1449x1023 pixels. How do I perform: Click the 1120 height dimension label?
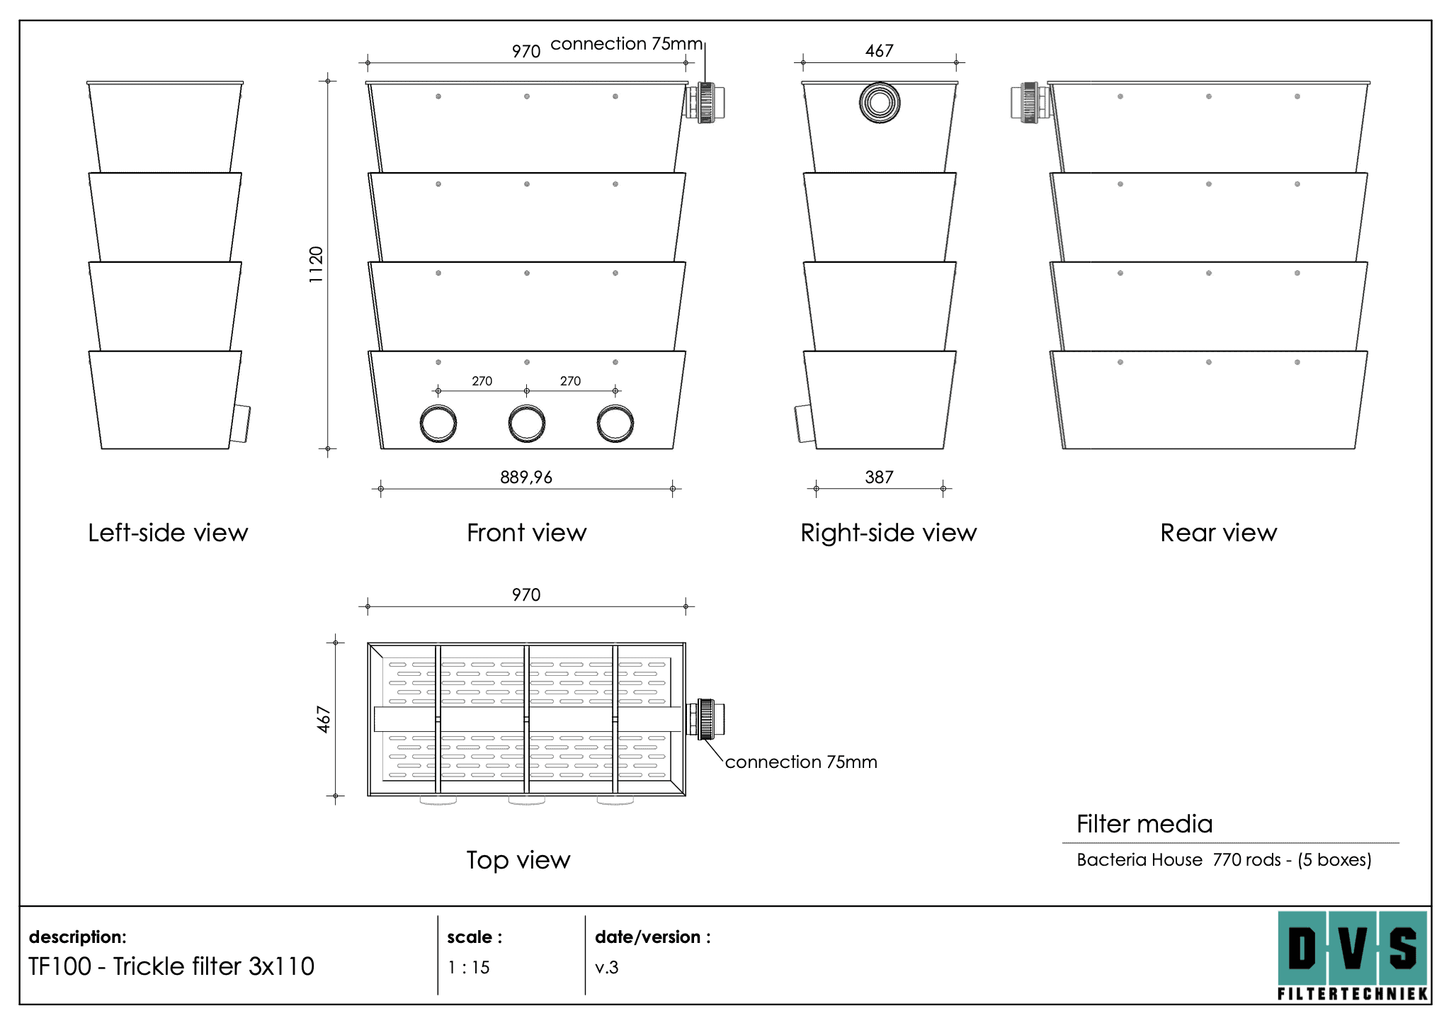(x=316, y=265)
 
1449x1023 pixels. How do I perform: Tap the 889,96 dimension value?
(x=526, y=477)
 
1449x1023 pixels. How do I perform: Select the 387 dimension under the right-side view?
(x=879, y=477)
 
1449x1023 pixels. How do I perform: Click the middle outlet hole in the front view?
(x=527, y=424)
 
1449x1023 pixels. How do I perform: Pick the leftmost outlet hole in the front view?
(x=438, y=424)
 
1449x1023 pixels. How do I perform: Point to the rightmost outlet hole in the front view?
(x=615, y=424)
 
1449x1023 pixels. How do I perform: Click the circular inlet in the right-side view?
(x=880, y=103)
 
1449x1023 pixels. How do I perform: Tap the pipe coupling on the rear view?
(x=1030, y=102)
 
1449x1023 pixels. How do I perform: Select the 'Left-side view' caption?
(x=168, y=533)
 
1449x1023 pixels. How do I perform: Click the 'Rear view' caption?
(x=1218, y=533)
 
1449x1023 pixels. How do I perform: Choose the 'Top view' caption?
(x=518, y=860)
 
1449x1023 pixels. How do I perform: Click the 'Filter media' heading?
(x=1144, y=824)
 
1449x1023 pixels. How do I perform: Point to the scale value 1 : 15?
(x=469, y=967)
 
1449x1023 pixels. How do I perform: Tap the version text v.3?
(x=607, y=967)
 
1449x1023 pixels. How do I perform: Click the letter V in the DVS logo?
(x=1353, y=948)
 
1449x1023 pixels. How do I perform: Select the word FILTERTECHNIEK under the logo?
(x=1353, y=993)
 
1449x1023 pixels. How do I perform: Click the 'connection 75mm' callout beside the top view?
(x=801, y=762)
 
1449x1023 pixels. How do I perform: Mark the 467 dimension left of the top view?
(x=323, y=719)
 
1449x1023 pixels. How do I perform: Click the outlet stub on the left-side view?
(x=241, y=424)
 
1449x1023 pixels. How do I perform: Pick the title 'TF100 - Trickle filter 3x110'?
(x=171, y=966)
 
